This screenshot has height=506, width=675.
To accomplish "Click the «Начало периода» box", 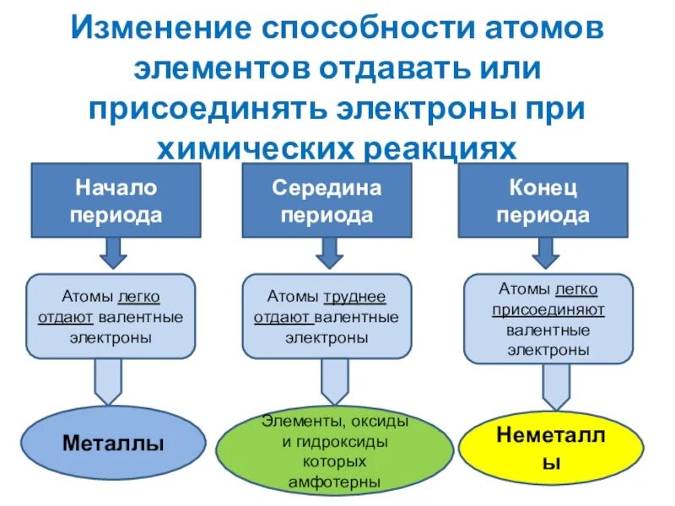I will pos(116,200).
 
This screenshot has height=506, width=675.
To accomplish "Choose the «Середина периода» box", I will pos(327,200).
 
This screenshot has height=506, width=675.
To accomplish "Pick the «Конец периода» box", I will pos(543,200).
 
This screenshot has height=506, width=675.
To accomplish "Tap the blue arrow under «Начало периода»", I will pos(114,250).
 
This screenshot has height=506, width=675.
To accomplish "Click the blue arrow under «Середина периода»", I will pos(327,250).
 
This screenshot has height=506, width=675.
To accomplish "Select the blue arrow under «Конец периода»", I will pos(543,250).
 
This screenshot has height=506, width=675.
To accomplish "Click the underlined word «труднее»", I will pos(354,297).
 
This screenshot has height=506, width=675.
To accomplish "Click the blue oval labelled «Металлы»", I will pos(114,444).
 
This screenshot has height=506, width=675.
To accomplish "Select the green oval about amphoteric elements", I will pos(337,451).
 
